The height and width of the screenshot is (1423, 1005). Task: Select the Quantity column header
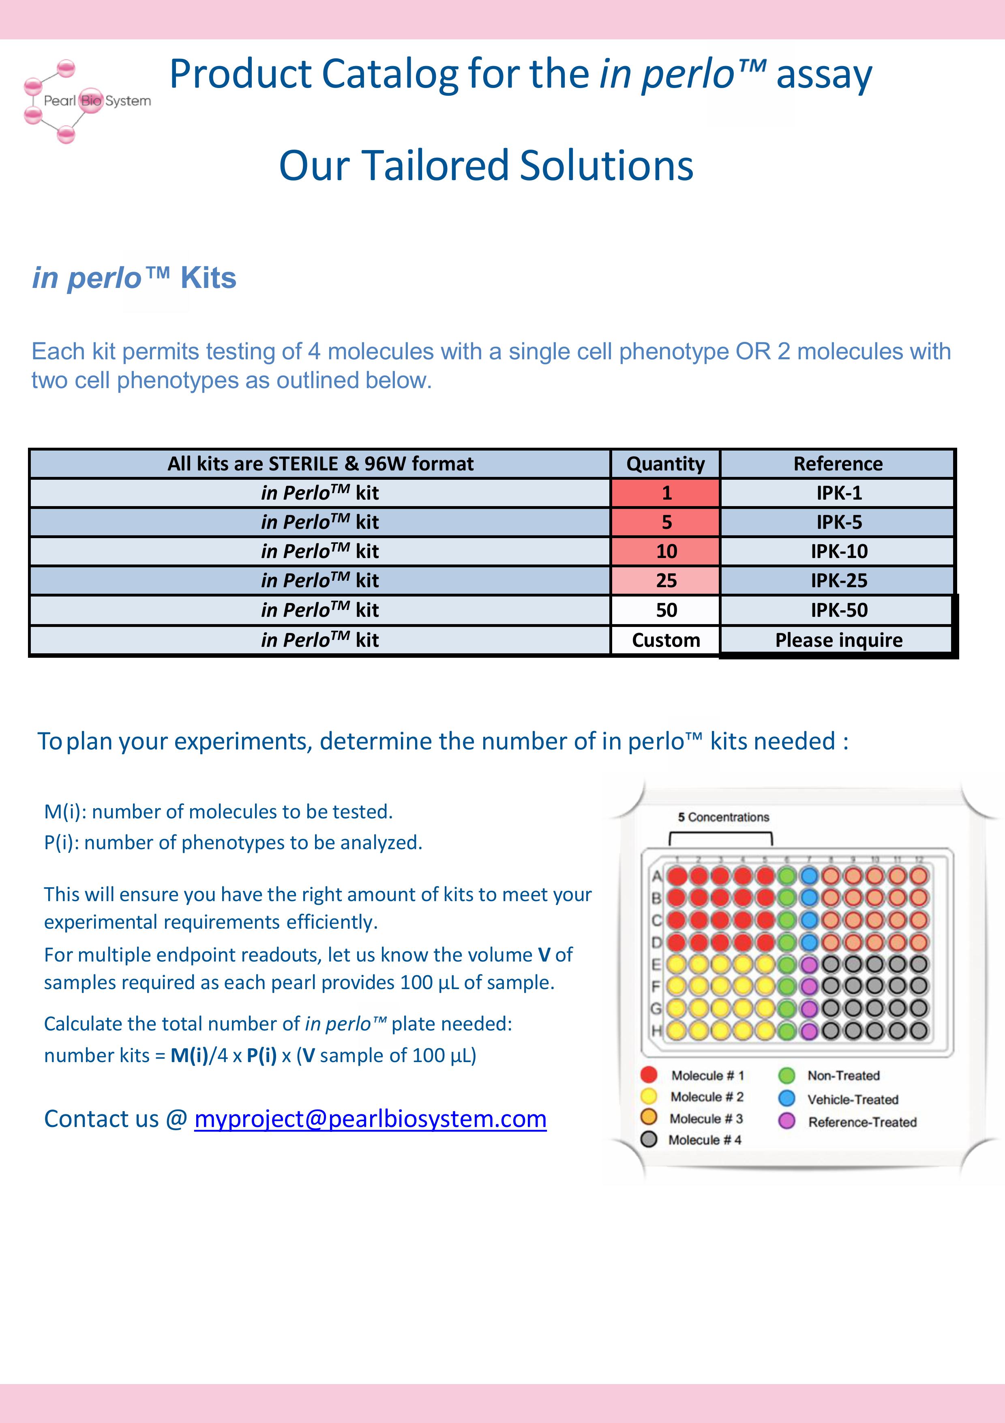(665, 464)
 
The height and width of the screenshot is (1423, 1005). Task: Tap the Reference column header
(838, 464)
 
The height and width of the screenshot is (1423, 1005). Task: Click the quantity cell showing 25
(665, 580)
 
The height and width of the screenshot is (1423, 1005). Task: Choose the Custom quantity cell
(665, 640)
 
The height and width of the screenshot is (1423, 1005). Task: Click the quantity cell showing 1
(665, 493)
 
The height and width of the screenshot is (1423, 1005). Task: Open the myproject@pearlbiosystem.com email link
(370, 1119)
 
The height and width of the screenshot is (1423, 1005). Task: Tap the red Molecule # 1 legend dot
(649, 1075)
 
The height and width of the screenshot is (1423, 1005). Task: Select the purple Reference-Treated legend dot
(786, 1121)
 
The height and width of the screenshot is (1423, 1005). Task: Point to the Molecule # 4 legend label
(705, 1140)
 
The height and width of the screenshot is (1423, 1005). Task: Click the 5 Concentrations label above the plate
(723, 817)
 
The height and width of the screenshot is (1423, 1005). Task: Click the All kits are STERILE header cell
(320, 464)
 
